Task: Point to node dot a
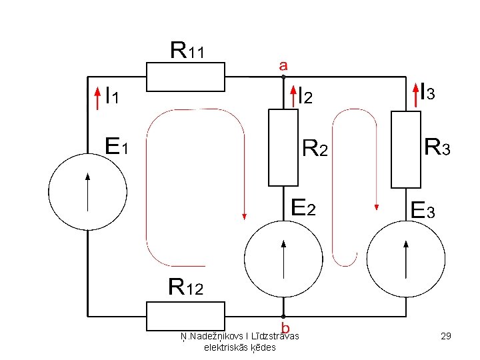(283, 77)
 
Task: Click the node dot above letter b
(283, 316)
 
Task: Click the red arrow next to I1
(97, 98)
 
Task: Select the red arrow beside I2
(293, 97)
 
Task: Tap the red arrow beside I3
(416, 95)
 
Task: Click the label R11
(187, 50)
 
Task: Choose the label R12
(186, 287)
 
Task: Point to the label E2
(303, 207)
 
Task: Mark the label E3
(423, 210)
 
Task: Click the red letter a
(283, 65)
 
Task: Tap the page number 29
(446, 336)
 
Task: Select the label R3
(437, 147)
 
